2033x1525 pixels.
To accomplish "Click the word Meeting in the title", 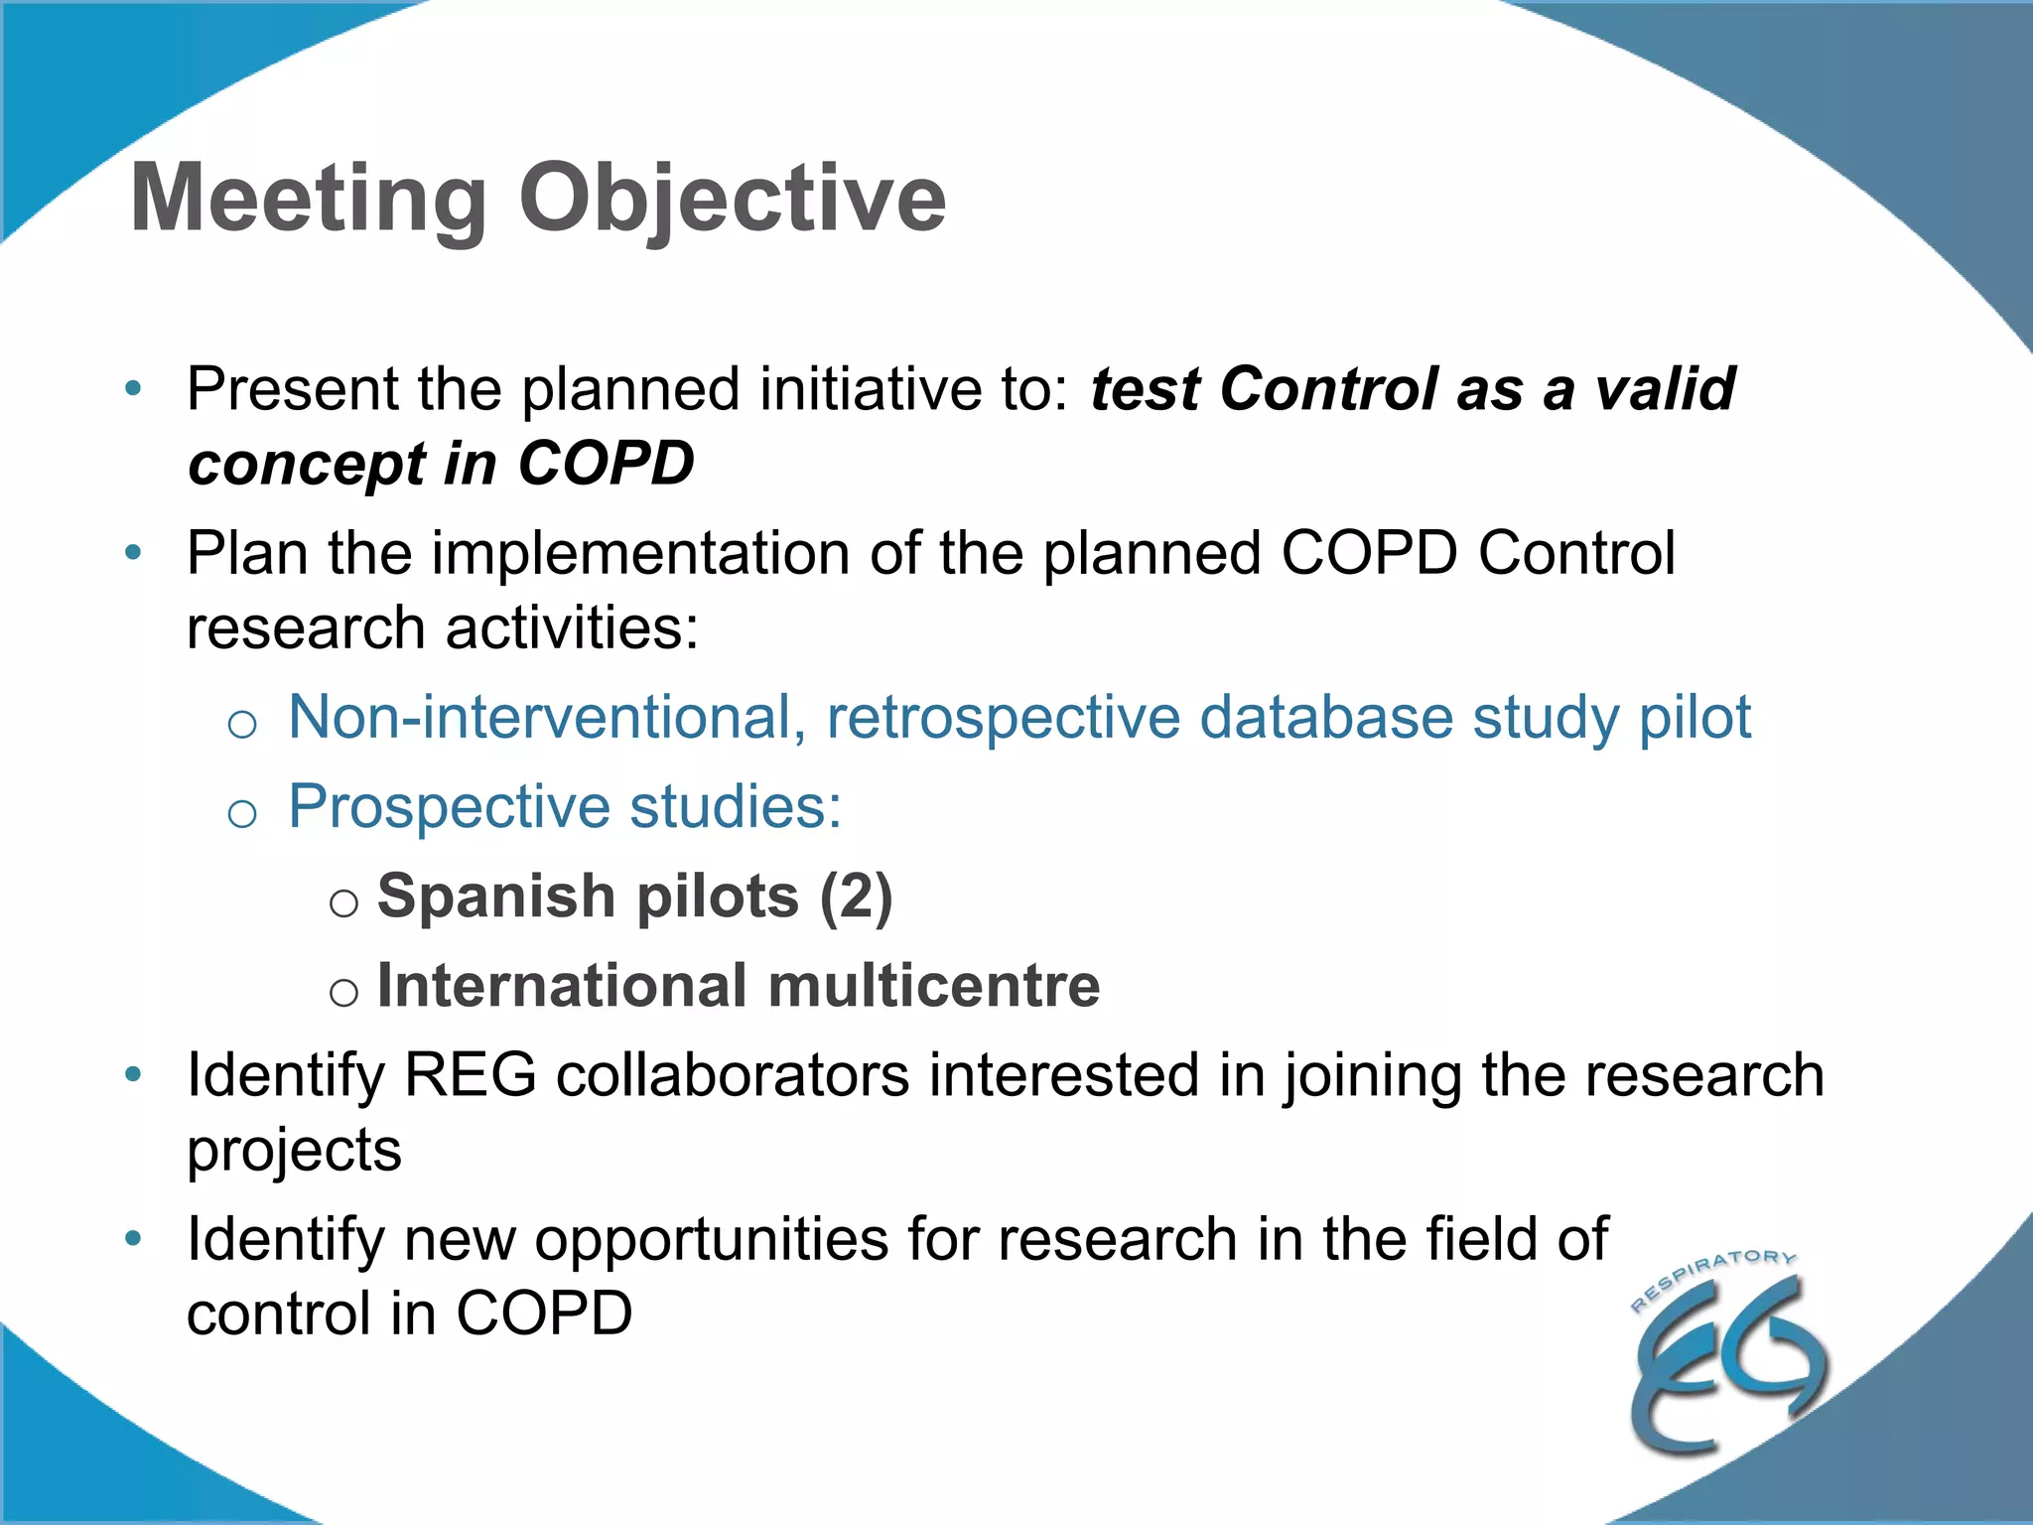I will click(x=308, y=199).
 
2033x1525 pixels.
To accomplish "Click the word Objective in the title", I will click(x=732, y=199).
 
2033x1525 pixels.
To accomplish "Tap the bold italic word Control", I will click(x=1328, y=388).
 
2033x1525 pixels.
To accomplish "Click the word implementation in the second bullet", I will click(x=640, y=553).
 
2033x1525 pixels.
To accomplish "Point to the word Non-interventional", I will click(x=547, y=717).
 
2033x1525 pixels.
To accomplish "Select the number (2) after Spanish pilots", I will click(x=856, y=897).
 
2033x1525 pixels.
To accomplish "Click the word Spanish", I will click(x=496, y=897).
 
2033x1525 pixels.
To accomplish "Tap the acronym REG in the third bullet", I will click(x=471, y=1075).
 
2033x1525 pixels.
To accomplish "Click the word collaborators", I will click(x=733, y=1075).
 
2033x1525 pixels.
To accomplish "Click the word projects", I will click(x=294, y=1152).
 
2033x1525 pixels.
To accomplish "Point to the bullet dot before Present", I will click(x=134, y=388).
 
